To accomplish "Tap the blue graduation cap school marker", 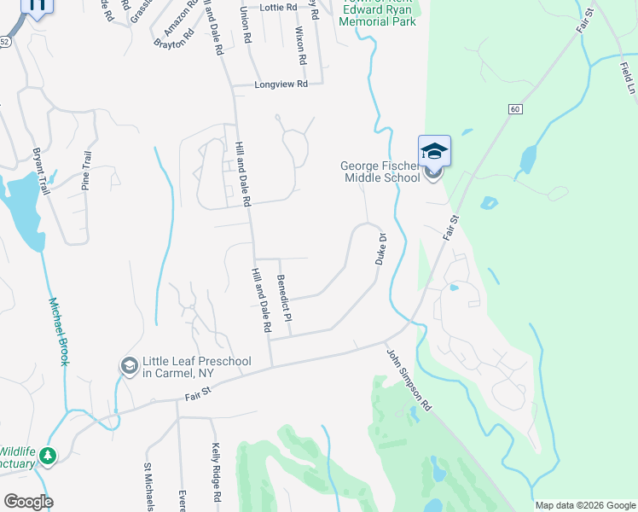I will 434,152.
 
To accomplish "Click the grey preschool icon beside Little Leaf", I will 130,366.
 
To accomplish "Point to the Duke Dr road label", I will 381,249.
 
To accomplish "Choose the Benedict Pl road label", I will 284,298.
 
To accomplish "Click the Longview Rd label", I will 281,85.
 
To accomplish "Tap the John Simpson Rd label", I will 409,381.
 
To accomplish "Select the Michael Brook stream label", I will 58,331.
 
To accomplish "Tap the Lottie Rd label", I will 277,7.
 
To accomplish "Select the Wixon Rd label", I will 299,46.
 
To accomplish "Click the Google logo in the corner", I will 28,502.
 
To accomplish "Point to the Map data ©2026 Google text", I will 585,505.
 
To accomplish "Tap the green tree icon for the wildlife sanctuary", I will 49,456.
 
